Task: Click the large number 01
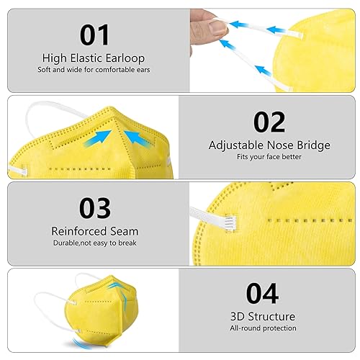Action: [x=95, y=34]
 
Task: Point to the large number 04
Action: [x=262, y=294]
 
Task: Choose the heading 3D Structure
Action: [x=262, y=317]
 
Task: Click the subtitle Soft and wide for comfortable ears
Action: [x=95, y=70]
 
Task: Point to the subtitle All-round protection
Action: [x=262, y=328]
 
